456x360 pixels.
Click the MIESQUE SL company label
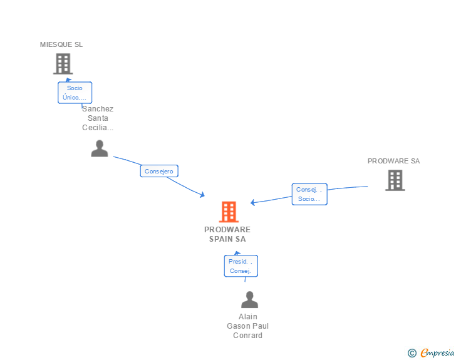[x=61, y=44]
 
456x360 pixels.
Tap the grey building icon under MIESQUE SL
[x=63, y=64]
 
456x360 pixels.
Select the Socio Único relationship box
[x=75, y=93]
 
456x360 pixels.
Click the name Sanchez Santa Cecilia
[x=98, y=118]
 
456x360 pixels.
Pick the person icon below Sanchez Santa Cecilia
[x=100, y=148]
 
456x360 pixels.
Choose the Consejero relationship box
[x=159, y=171]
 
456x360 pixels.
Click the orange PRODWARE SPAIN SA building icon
[x=229, y=212]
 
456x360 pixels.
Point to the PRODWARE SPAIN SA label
[x=227, y=234]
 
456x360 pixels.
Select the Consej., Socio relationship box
[x=309, y=194]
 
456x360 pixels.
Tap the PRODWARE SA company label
[x=393, y=161]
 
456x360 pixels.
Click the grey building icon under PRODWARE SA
[x=395, y=180]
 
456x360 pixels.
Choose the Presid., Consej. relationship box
[x=241, y=266]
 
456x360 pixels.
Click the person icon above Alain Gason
[x=249, y=300]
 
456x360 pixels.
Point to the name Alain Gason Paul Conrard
[x=247, y=326]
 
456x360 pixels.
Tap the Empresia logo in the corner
[x=437, y=353]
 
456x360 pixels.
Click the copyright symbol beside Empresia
[x=412, y=353]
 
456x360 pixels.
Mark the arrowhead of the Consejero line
[x=202, y=195]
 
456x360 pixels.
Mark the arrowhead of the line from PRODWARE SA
[x=253, y=202]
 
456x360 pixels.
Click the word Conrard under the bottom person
[x=247, y=335]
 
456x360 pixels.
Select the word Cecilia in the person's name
[x=98, y=128]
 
